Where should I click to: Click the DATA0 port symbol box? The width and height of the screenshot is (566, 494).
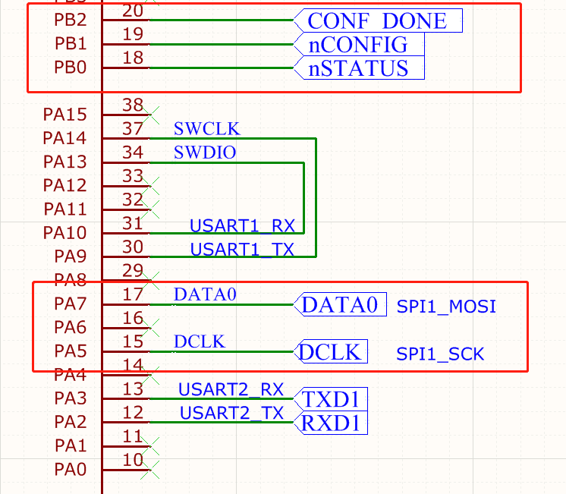(341, 304)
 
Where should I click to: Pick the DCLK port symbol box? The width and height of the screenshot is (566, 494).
(332, 352)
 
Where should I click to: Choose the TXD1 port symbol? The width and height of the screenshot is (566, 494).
(332, 399)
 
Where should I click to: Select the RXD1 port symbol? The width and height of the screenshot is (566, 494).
(332, 423)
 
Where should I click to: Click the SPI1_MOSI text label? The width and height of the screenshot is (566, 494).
(446, 307)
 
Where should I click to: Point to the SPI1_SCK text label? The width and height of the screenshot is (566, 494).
(440, 354)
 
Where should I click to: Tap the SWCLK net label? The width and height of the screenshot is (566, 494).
(206, 129)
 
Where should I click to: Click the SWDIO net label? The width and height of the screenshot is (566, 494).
(205, 153)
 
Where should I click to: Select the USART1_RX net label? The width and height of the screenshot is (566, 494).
(242, 225)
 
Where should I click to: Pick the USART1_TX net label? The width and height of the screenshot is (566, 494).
(242, 248)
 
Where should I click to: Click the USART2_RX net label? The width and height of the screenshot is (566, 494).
(231, 390)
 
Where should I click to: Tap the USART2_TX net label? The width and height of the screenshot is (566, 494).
(231, 414)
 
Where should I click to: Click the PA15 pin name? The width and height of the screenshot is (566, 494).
(64, 115)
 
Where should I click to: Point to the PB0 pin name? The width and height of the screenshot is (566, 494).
(70, 68)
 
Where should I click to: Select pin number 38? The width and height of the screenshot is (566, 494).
(133, 105)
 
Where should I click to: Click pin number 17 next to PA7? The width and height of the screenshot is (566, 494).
(133, 294)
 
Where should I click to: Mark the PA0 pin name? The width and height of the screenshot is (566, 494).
(70, 470)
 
